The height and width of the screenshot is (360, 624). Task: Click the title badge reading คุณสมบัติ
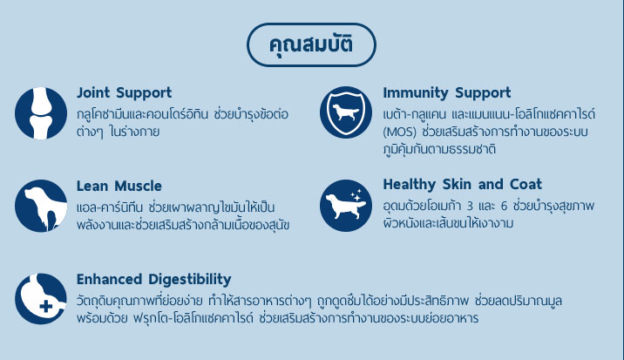tap(311, 44)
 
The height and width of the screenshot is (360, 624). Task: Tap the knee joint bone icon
tap(41, 113)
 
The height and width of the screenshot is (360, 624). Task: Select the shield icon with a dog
tap(346, 112)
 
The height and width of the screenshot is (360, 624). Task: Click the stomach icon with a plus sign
tap(41, 299)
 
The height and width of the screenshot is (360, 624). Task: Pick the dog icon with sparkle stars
tap(346, 206)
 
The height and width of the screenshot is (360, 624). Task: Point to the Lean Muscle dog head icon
tap(41, 206)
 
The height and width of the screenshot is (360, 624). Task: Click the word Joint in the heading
tap(93, 92)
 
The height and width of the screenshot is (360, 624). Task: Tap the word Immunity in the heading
tap(416, 93)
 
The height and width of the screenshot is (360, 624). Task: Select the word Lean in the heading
tap(92, 186)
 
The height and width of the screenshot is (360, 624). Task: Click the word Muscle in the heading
tap(138, 186)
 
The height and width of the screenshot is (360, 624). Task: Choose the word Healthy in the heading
tap(410, 185)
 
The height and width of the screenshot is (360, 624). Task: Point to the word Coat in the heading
tap(526, 185)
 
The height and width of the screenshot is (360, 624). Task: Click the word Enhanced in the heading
tap(109, 279)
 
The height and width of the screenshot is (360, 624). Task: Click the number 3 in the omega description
tap(470, 206)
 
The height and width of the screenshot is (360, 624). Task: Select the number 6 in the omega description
tap(505, 206)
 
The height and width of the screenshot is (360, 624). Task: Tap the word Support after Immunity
tap(483, 93)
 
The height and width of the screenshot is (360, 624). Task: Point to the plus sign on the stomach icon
tap(46, 306)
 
